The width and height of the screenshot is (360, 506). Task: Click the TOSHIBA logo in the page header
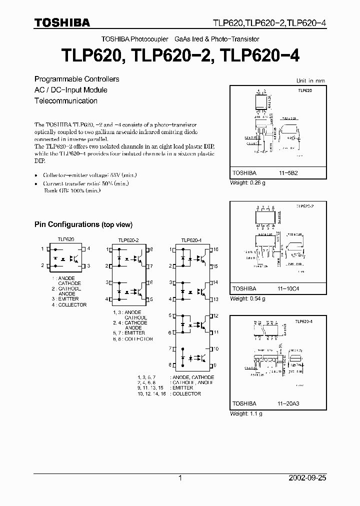tap(62, 22)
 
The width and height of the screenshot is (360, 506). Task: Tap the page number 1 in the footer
tap(180, 478)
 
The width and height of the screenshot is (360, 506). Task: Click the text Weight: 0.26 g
tap(247, 182)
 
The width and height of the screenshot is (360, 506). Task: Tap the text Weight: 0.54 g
tap(247, 298)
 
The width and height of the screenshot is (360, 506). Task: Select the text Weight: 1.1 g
tap(246, 413)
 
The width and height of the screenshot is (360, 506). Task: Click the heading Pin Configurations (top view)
tap(83, 224)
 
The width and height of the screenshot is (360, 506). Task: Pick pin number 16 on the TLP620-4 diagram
tap(216, 249)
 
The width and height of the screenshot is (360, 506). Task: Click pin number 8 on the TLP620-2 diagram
tap(151, 249)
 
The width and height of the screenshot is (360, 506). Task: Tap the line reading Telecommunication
tap(65, 100)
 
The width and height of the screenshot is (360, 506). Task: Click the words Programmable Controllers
tap(76, 79)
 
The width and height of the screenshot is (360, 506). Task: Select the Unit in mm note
tap(310, 80)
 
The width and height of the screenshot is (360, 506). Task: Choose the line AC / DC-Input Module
tap(70, 90)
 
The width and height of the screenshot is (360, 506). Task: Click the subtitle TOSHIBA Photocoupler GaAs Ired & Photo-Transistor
tap(180, 38)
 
